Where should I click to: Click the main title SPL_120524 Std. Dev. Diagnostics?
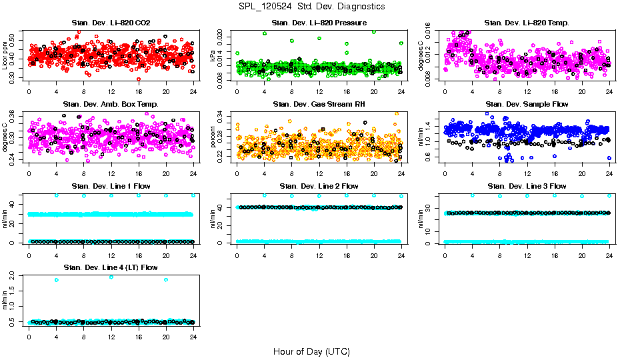click(311, 6)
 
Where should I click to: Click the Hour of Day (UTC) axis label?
click(311, 351)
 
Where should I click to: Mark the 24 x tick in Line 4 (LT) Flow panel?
click(193, 337)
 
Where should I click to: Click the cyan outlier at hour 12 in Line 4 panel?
click(111, 277)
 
